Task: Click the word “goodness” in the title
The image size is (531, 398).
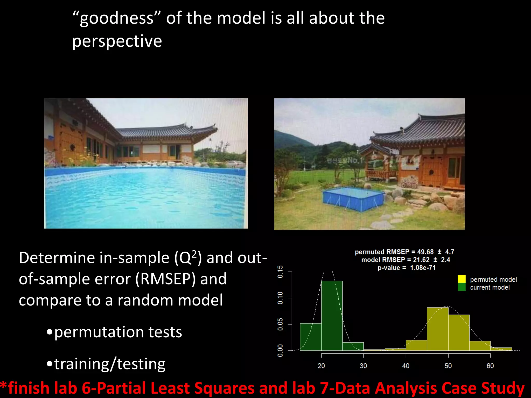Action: [x=117, y=19]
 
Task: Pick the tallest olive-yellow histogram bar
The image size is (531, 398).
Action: [x=437, y=329]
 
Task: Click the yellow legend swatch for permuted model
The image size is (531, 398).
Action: [x=462, y=279]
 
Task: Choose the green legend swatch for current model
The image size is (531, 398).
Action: [x=462, y=287]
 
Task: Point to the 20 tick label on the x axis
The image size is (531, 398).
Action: [x=321, y=366]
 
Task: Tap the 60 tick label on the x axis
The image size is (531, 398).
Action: [x=490, y=366]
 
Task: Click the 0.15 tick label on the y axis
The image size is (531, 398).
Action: [x=280, y=272]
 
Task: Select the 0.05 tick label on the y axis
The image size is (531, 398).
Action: [x=280, y=324]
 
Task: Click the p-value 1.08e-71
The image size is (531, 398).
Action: [x=423, y=268]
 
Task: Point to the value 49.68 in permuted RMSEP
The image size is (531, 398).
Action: [x=425, y=252]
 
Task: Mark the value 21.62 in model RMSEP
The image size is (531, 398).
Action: [x=421, y=260]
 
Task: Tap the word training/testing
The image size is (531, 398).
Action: [x=110, y=364]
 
